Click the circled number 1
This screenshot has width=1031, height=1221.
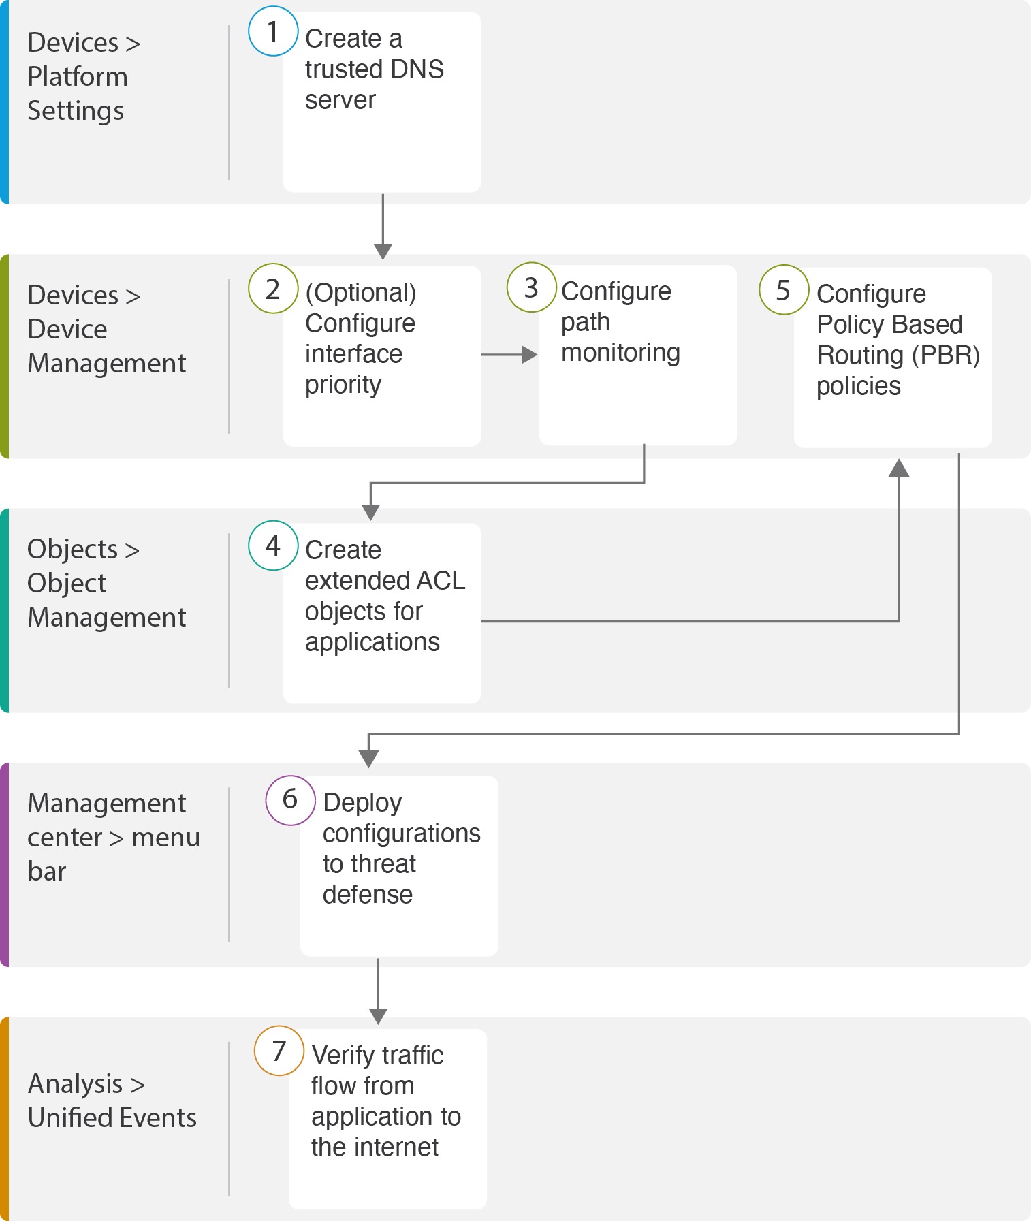[273, 31]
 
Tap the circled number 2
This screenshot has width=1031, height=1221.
[273, 289]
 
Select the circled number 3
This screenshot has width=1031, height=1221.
[531, 287]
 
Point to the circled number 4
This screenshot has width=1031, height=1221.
[273, 545]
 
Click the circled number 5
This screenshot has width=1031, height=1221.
[784, 289]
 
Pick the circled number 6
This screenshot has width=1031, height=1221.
[290, 799]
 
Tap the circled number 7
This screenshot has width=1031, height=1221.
[279, 1051]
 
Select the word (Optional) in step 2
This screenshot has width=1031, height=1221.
[361, 293]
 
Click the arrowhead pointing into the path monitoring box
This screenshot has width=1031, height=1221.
[529, 354]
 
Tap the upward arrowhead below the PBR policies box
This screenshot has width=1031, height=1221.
[899, 468]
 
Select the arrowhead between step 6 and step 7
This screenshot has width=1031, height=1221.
[378, 1017]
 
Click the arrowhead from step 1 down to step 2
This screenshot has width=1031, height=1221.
[383, 251]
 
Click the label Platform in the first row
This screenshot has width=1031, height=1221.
[78, 77]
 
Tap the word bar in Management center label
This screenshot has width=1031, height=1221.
[47, 871]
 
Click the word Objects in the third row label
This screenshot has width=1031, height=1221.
[73, 549]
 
